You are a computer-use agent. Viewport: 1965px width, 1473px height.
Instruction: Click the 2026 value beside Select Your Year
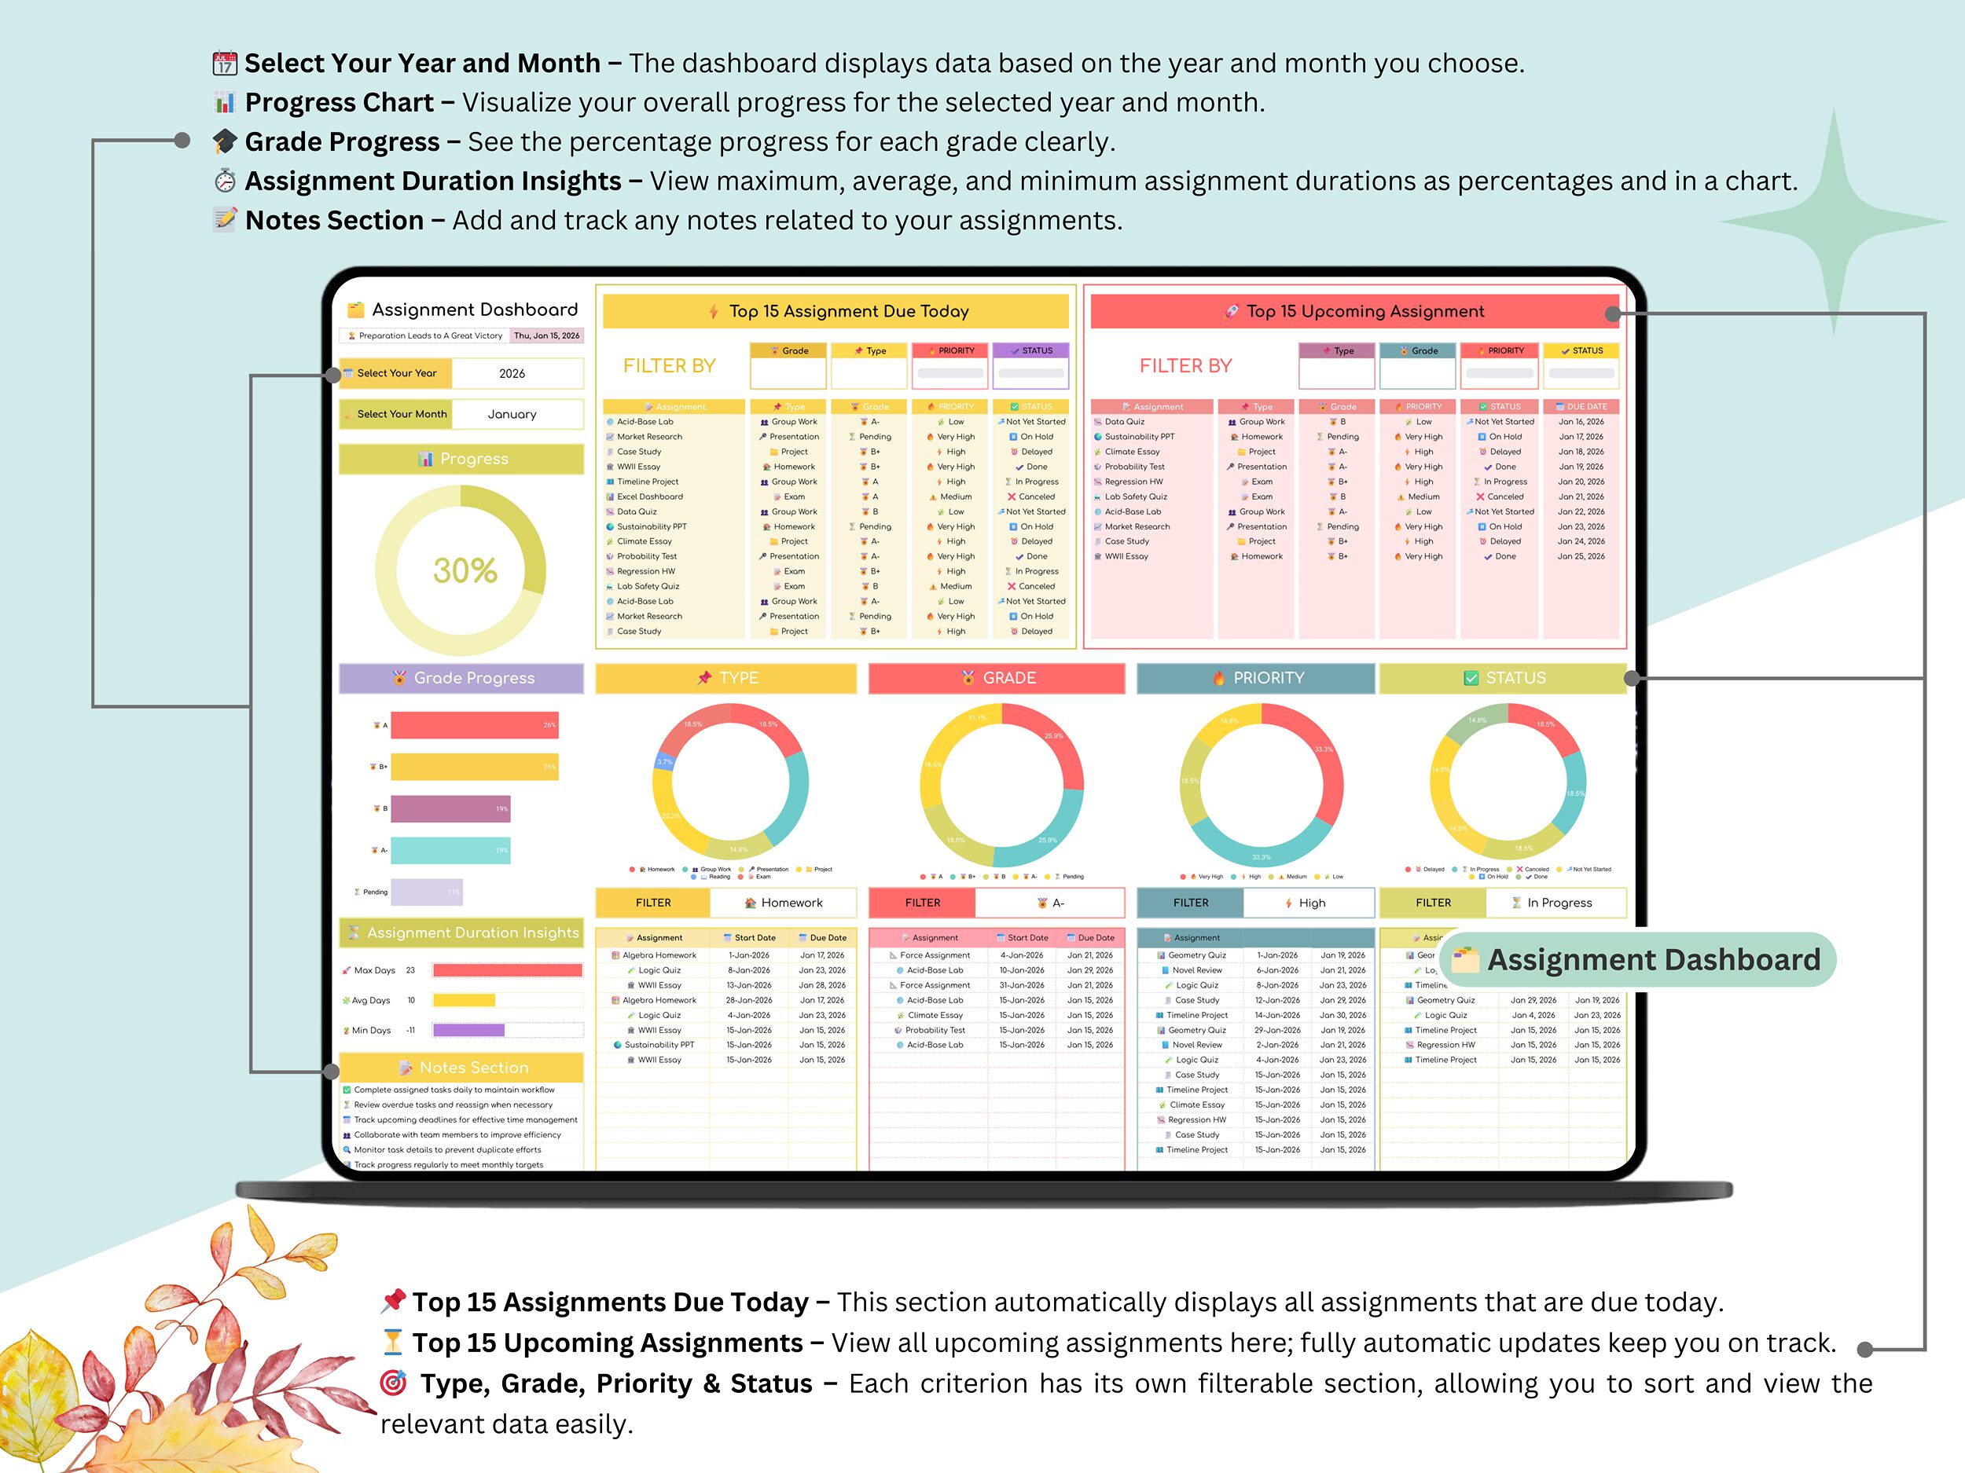tap(512, 374)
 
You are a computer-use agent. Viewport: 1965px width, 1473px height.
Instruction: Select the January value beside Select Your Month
tap(512, 415)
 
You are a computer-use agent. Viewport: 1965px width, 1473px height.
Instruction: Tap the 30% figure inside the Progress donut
tap(465, 570)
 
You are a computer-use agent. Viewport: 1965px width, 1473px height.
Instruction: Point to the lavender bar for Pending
tap(426, 892)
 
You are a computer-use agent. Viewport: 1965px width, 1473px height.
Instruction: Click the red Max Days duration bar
tap(507, 970)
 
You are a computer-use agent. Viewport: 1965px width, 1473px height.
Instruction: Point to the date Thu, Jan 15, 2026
tap(546, 335)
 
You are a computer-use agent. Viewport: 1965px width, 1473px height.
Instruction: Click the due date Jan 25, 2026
tap(1581, 557)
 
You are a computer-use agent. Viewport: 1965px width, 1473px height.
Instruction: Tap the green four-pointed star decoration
tap(1834, 222)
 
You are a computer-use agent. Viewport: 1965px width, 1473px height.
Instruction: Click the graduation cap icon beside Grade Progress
tap(226, 141)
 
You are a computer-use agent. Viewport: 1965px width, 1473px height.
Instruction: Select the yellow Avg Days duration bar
tap(464, 1001)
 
